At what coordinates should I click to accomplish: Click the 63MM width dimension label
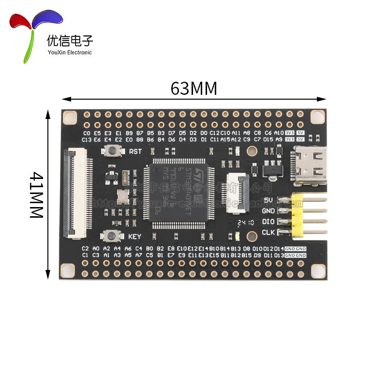coord(193,89)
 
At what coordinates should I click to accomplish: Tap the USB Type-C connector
coord(309,166)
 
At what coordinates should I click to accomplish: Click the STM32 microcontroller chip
coord(179,192)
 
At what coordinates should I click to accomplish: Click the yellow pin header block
coord(298,215)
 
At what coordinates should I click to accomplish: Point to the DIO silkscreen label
coord(268,222)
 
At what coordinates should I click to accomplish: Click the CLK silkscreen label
coord(268,232)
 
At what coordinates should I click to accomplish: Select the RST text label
coord(135,151)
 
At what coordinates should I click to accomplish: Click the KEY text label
coord(135,237)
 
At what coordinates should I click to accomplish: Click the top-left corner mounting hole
coord(71,117)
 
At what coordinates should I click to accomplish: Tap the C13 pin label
coord(87,139)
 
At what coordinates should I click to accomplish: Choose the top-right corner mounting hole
coord(317,117)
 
